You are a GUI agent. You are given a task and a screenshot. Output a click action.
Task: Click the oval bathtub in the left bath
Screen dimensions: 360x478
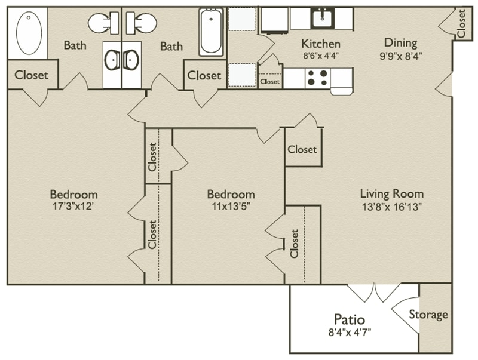point(28,33)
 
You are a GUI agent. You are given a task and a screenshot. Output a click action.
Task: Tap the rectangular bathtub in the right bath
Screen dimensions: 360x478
point(211,32)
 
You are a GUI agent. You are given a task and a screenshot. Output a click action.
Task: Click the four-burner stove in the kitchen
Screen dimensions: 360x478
point(316,78)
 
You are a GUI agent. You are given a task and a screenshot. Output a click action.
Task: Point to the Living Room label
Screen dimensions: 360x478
point(391,193)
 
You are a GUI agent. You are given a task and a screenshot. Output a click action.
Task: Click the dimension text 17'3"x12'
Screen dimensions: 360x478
point(73,207)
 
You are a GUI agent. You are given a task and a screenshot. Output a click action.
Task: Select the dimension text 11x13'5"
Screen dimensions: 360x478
point(231,207)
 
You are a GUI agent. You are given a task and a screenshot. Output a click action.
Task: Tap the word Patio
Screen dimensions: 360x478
point(349,319)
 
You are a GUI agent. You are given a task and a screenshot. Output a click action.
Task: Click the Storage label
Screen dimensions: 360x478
point(428,314)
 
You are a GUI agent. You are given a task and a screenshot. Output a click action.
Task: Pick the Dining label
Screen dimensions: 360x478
point(400,43)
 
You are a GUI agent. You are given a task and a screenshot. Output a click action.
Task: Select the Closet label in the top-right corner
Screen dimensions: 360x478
point(461,23)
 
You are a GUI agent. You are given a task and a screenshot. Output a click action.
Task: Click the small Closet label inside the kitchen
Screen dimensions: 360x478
point(269,81)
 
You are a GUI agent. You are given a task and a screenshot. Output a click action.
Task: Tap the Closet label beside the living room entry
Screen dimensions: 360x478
point(302,149)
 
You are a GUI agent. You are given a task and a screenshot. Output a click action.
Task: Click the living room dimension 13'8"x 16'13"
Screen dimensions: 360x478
point(391,207)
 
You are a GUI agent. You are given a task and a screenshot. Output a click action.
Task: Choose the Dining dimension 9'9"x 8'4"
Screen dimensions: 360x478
point(400,55)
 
